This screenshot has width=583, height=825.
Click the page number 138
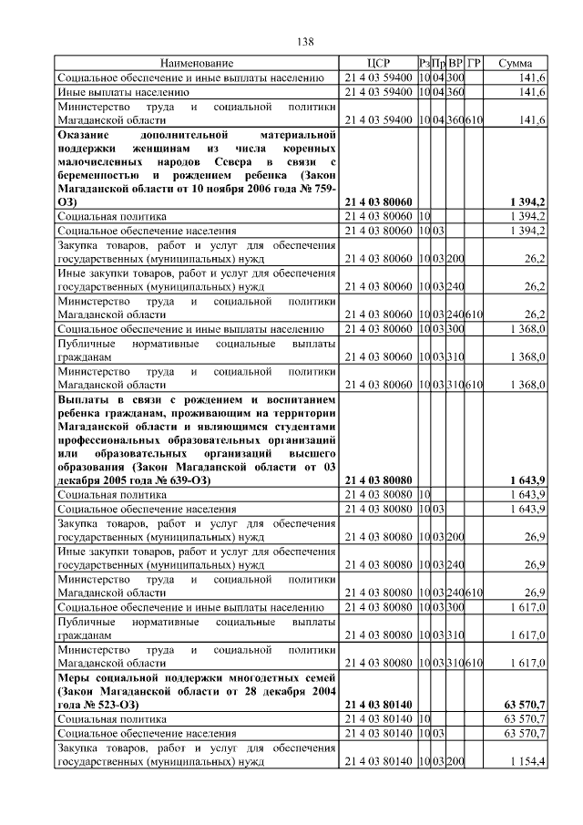[x=306, y=41]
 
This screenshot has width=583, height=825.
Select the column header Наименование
[x=198, y=63]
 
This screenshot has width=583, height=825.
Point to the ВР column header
[x=455, y=63]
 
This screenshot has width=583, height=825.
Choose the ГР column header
[x=474, y=63]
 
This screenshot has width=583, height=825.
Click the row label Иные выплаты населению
[x=123, y=91]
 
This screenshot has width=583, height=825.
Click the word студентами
[x=306, y=427]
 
